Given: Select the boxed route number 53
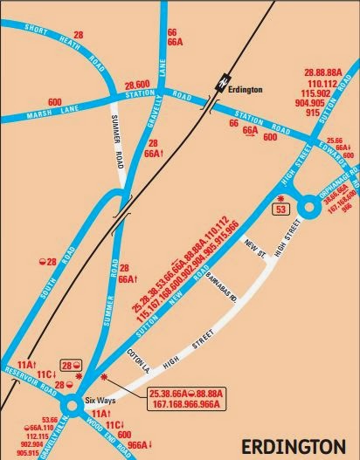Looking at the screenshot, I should pyautogui.click(x=280, y=209).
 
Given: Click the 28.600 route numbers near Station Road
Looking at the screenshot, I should pyautogui.click(x=139, y=83).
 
